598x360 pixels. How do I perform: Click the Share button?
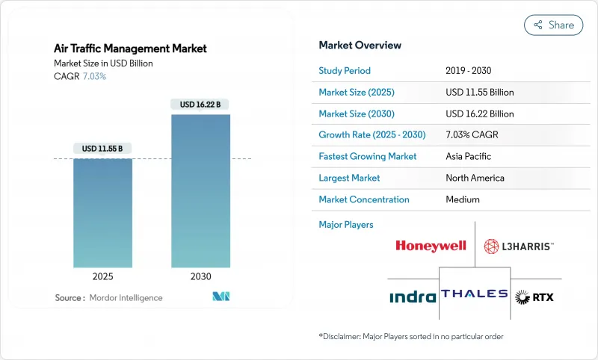coord(554,25)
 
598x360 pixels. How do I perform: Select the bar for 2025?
coord(102,212)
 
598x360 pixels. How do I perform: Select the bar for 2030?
coord(200,190)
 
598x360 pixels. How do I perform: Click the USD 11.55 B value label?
coord(102,149)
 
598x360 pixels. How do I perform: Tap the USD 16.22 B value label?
coord(200,105)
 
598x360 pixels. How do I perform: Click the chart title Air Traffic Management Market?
coord(130,49)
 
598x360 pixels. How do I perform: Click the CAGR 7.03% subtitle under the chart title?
coord(81,77)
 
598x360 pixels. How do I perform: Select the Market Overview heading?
coord(360,45)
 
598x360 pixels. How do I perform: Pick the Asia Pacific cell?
coord(469,157)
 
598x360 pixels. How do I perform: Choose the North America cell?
coord(475,178)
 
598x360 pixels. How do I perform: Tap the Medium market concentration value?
coord(462,199)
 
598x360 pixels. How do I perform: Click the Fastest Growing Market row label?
coord(367,157)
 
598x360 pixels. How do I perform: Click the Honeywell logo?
coord(431,246)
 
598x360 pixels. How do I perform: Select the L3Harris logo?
coord(519,246)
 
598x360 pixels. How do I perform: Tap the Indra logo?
coord(413,297)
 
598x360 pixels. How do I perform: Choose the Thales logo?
coord(474,294)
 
